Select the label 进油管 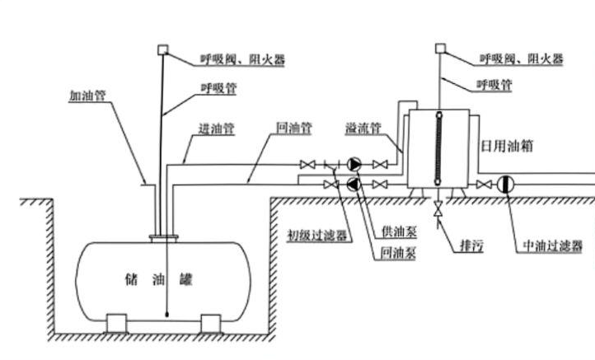point(217,129)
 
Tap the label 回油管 point(294,129)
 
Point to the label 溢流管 point(363,129)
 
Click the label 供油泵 point(399,233)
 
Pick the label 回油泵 point(399,253)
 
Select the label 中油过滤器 point(553,245)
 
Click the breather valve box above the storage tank point(162,49)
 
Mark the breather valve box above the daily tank point(439,49)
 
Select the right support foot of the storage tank point(211,322)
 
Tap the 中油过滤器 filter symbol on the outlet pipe point(504,184)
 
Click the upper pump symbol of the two point(353,163)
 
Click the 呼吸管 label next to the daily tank point(495,85)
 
